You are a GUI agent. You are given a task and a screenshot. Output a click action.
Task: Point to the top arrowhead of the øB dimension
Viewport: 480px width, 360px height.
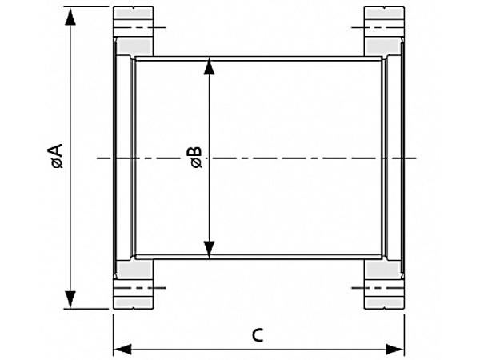(210, 65)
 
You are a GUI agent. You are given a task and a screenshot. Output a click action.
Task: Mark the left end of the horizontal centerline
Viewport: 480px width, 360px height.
(98, 158)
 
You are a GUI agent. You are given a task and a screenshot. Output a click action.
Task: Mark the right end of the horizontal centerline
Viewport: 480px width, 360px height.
(418, 158)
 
